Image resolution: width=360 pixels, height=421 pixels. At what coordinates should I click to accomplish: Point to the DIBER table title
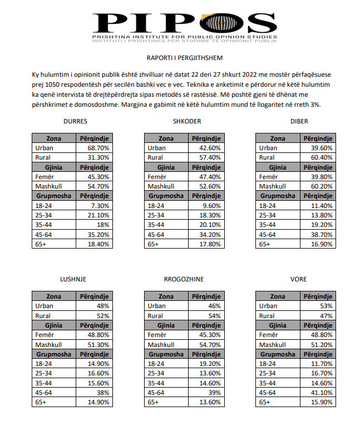(x=299, y=121)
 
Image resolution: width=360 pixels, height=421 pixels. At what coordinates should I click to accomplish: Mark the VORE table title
(x=298, y=279)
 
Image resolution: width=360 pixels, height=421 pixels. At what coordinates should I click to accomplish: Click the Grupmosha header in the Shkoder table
(x=166, y=196)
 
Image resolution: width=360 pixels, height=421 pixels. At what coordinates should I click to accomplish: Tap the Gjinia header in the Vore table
(x=278, y=325)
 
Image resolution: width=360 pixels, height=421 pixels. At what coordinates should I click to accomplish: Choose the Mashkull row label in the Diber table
(x=273, y=186)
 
